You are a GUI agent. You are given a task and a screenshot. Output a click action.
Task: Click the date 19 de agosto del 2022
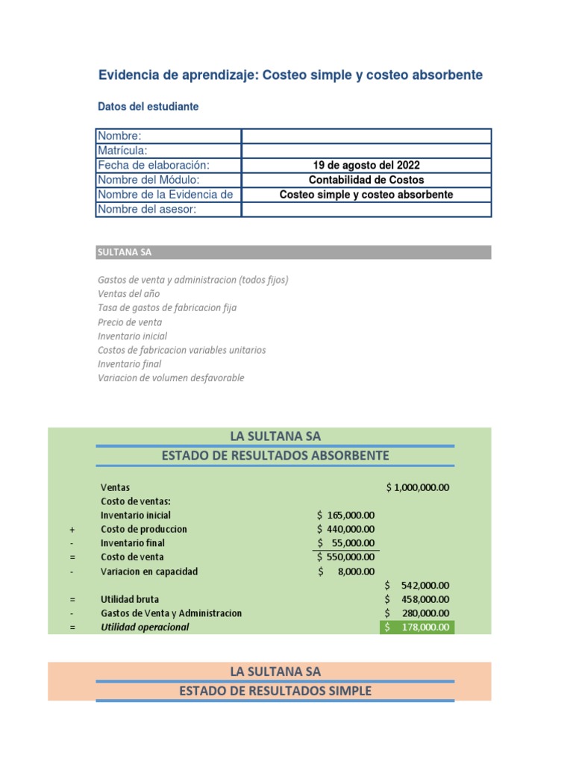[x=366, y=165]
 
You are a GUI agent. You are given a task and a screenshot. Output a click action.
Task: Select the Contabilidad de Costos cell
[x=366, y=180]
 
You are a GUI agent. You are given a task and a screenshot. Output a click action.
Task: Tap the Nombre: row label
[x=119, y=136]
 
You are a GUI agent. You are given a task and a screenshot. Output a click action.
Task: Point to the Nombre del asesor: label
[x=146, y=209]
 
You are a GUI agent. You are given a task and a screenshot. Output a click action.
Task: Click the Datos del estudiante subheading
[x=148, y=107]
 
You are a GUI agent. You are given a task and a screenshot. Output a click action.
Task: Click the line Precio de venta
[x=130, y=322]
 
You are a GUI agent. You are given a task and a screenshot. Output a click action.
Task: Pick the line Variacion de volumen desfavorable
[x=171, y=378]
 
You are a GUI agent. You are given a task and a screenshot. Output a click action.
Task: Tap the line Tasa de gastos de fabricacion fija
[x=167, y=307]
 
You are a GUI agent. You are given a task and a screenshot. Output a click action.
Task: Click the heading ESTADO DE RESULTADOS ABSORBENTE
[x=275, y=456]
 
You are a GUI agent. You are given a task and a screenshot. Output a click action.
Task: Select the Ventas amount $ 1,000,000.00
[x=418, y=487]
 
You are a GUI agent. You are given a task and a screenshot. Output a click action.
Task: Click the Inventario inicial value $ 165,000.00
[x=345, y=515]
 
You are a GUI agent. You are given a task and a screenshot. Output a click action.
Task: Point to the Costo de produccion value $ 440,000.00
[x=345, y=529]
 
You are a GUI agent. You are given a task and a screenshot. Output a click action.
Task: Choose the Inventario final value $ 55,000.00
[x=345, y=543]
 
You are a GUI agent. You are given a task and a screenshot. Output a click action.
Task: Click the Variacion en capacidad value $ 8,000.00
[x=345, y=572]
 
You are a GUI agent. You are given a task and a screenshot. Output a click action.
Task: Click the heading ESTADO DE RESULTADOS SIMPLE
[x=275, y=691]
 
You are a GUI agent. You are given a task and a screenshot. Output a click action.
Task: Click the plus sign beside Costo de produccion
[x=72, y=529]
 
